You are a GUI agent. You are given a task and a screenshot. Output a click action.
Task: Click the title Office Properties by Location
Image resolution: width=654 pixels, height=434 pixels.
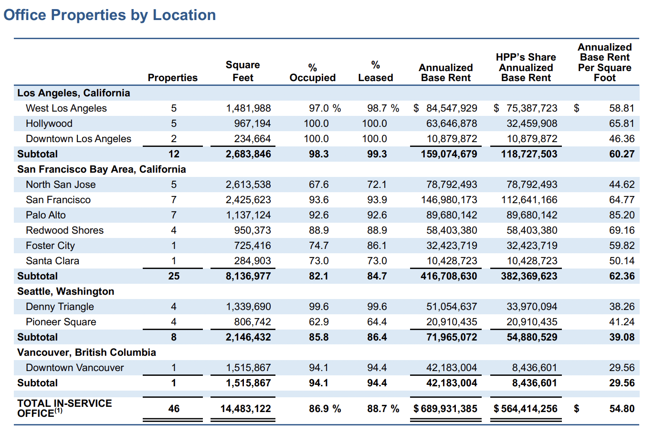[x=109, y=15]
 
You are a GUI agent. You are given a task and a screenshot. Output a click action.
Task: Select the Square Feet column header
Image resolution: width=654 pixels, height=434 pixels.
[x=243, y=71]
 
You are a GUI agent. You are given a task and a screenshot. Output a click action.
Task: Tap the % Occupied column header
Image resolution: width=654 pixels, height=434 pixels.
[x=312, y=72]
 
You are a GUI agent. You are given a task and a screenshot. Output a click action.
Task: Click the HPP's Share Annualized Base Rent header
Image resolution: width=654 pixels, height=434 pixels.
[x=526, y=67]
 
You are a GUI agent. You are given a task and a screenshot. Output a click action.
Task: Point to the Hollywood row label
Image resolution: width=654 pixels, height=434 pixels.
[x=49, y=124]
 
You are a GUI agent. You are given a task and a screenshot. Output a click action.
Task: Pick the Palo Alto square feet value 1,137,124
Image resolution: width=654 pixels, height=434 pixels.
[x=248, y=215]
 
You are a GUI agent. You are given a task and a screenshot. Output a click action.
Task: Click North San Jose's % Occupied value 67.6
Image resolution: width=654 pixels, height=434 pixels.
[x=318, y=185]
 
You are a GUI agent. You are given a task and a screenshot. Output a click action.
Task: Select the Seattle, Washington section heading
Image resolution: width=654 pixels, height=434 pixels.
[x=65, y=291]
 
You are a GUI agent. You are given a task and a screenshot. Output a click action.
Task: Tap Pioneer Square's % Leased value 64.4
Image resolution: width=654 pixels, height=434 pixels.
[x=377, y=322]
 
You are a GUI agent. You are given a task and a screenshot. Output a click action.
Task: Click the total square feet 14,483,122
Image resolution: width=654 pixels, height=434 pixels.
[x=245, y=409]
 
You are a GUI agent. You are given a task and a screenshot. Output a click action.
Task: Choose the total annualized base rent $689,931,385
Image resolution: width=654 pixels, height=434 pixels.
[x=445, y=409]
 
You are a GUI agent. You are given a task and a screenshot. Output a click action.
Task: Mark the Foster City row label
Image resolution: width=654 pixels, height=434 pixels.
[x=50, y=246]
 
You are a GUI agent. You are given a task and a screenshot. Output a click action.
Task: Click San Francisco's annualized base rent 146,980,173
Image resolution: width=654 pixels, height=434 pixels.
[x=449, y=200]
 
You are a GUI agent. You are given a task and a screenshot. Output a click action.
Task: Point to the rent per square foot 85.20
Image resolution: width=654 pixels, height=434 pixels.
[x=622, y=215]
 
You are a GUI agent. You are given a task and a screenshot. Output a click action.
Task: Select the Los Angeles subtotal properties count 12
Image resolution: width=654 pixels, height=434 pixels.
[x=174, y=154]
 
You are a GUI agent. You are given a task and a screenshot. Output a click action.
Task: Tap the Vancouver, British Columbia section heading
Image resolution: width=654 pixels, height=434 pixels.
[x=86, y=352]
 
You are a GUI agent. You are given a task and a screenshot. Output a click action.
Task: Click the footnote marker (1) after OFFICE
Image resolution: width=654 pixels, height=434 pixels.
[x=58, y=411]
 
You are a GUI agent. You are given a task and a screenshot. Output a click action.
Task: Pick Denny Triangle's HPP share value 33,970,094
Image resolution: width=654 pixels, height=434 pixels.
[x=531, y=307]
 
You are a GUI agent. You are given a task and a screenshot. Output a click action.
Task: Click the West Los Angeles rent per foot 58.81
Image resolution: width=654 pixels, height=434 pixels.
[x=622, y=108]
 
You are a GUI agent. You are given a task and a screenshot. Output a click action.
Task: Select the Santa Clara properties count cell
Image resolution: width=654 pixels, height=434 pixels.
[x=174, y=261]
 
